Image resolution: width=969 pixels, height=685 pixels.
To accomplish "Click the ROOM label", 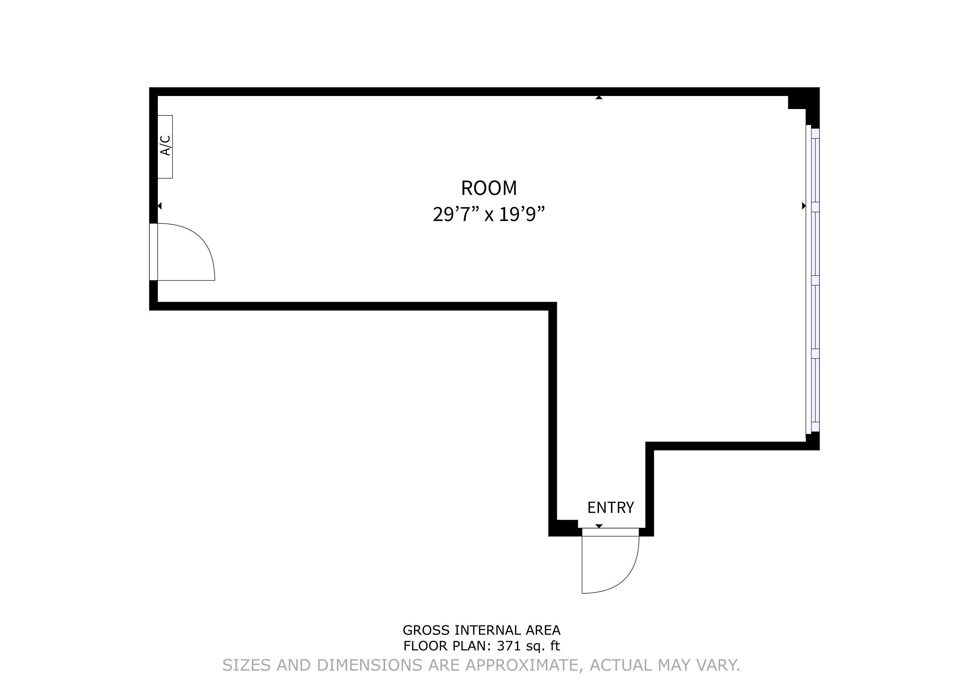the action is [x=489, y=188].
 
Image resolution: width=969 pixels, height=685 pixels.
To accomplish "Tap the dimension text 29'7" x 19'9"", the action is [x=489, y=214].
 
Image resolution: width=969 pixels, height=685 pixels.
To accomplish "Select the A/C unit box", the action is [x=165, y=146].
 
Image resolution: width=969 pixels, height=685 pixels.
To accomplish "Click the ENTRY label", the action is [x=610, y=507].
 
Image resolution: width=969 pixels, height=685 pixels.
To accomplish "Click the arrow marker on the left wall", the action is [x=160, y=206].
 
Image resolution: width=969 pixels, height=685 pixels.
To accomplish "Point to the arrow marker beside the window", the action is [x=804, y=206].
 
